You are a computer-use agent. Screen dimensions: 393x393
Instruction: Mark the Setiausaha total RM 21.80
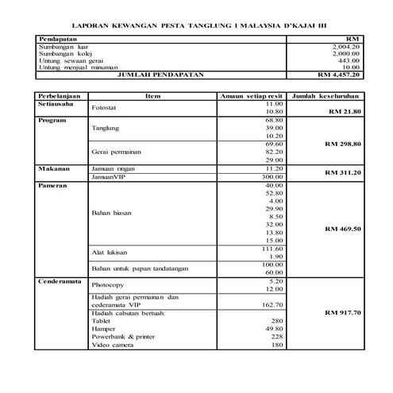(344, 112)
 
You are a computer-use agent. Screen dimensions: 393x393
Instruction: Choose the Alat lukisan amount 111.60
(272, 249)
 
